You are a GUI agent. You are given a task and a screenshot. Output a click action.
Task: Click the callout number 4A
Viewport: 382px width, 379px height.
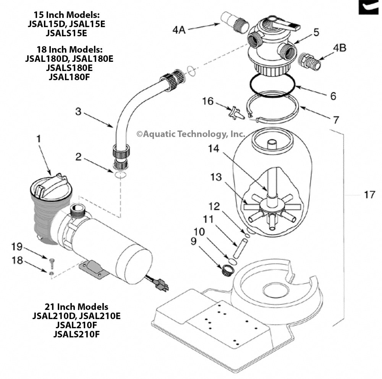click(x=179, y=29)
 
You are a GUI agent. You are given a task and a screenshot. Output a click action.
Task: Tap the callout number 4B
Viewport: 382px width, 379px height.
click(x=340, y=48)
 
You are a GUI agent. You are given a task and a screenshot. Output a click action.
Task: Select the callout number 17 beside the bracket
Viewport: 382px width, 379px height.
click(x=369, y=195)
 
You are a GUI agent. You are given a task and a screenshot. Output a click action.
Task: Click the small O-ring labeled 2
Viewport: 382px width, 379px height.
click(x=120, y=175)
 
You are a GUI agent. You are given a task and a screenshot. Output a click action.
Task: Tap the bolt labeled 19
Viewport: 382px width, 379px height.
click(x=52, y=261)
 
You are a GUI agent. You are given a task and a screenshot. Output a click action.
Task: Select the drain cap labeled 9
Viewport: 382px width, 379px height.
click(x=228, y=271)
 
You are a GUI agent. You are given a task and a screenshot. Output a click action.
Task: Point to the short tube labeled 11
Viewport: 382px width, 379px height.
click(x=239, y=249)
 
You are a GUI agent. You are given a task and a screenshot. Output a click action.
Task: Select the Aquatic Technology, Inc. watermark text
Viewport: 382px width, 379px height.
click(x=191, y=134)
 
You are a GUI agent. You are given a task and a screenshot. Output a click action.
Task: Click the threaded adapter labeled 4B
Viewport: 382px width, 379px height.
click(x=311, y=61)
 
